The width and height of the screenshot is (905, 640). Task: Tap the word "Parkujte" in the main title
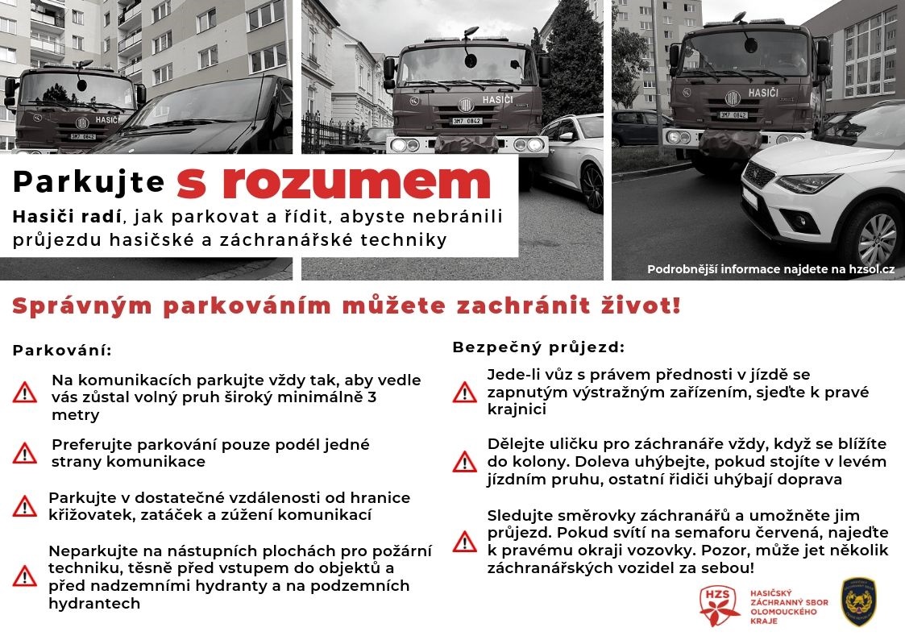pos(89,183)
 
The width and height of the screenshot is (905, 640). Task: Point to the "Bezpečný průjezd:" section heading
pos(538,347)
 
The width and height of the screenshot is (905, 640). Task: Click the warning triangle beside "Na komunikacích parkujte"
pos(25,393)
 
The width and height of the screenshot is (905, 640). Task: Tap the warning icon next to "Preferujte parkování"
pos(25,453)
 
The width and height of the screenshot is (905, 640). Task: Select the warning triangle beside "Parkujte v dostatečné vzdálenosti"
pos(25,505)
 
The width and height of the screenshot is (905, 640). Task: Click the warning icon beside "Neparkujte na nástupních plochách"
pos(25,576)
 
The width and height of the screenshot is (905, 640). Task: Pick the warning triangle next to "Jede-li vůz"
pos(465,392)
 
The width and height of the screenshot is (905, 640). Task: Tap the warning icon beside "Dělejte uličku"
pos(465,461)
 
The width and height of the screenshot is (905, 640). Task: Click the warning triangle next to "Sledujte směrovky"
pos(465,541)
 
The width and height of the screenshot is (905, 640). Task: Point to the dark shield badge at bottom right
pos(858,601)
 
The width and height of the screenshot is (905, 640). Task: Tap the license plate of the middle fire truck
pos(466,122)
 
